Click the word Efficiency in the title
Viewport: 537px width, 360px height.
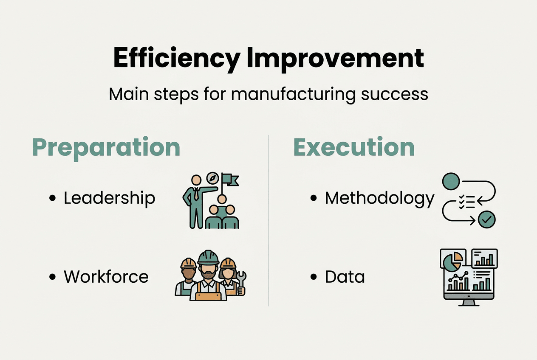[x=176, y=59]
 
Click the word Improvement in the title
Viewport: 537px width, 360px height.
[x=335, y=59]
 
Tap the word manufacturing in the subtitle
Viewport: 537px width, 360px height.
[x=293, y=94]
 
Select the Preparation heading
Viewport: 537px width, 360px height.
[x=106, y=147]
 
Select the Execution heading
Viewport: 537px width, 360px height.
[x=354, y=147]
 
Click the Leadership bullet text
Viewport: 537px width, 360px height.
[x=109, y=198]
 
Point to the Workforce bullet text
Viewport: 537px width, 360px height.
[x=106, y=277]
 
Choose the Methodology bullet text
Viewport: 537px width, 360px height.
[x=379, y=198]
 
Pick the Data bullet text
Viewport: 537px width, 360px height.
[x=345, y=277]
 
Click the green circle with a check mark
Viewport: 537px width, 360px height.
[x=486, y=219]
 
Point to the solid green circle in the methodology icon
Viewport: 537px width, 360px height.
[x=451, y=181]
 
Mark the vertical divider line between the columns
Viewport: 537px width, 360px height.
[x=268, y=221]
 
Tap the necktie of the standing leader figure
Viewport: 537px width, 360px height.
[x=195, y=195]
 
